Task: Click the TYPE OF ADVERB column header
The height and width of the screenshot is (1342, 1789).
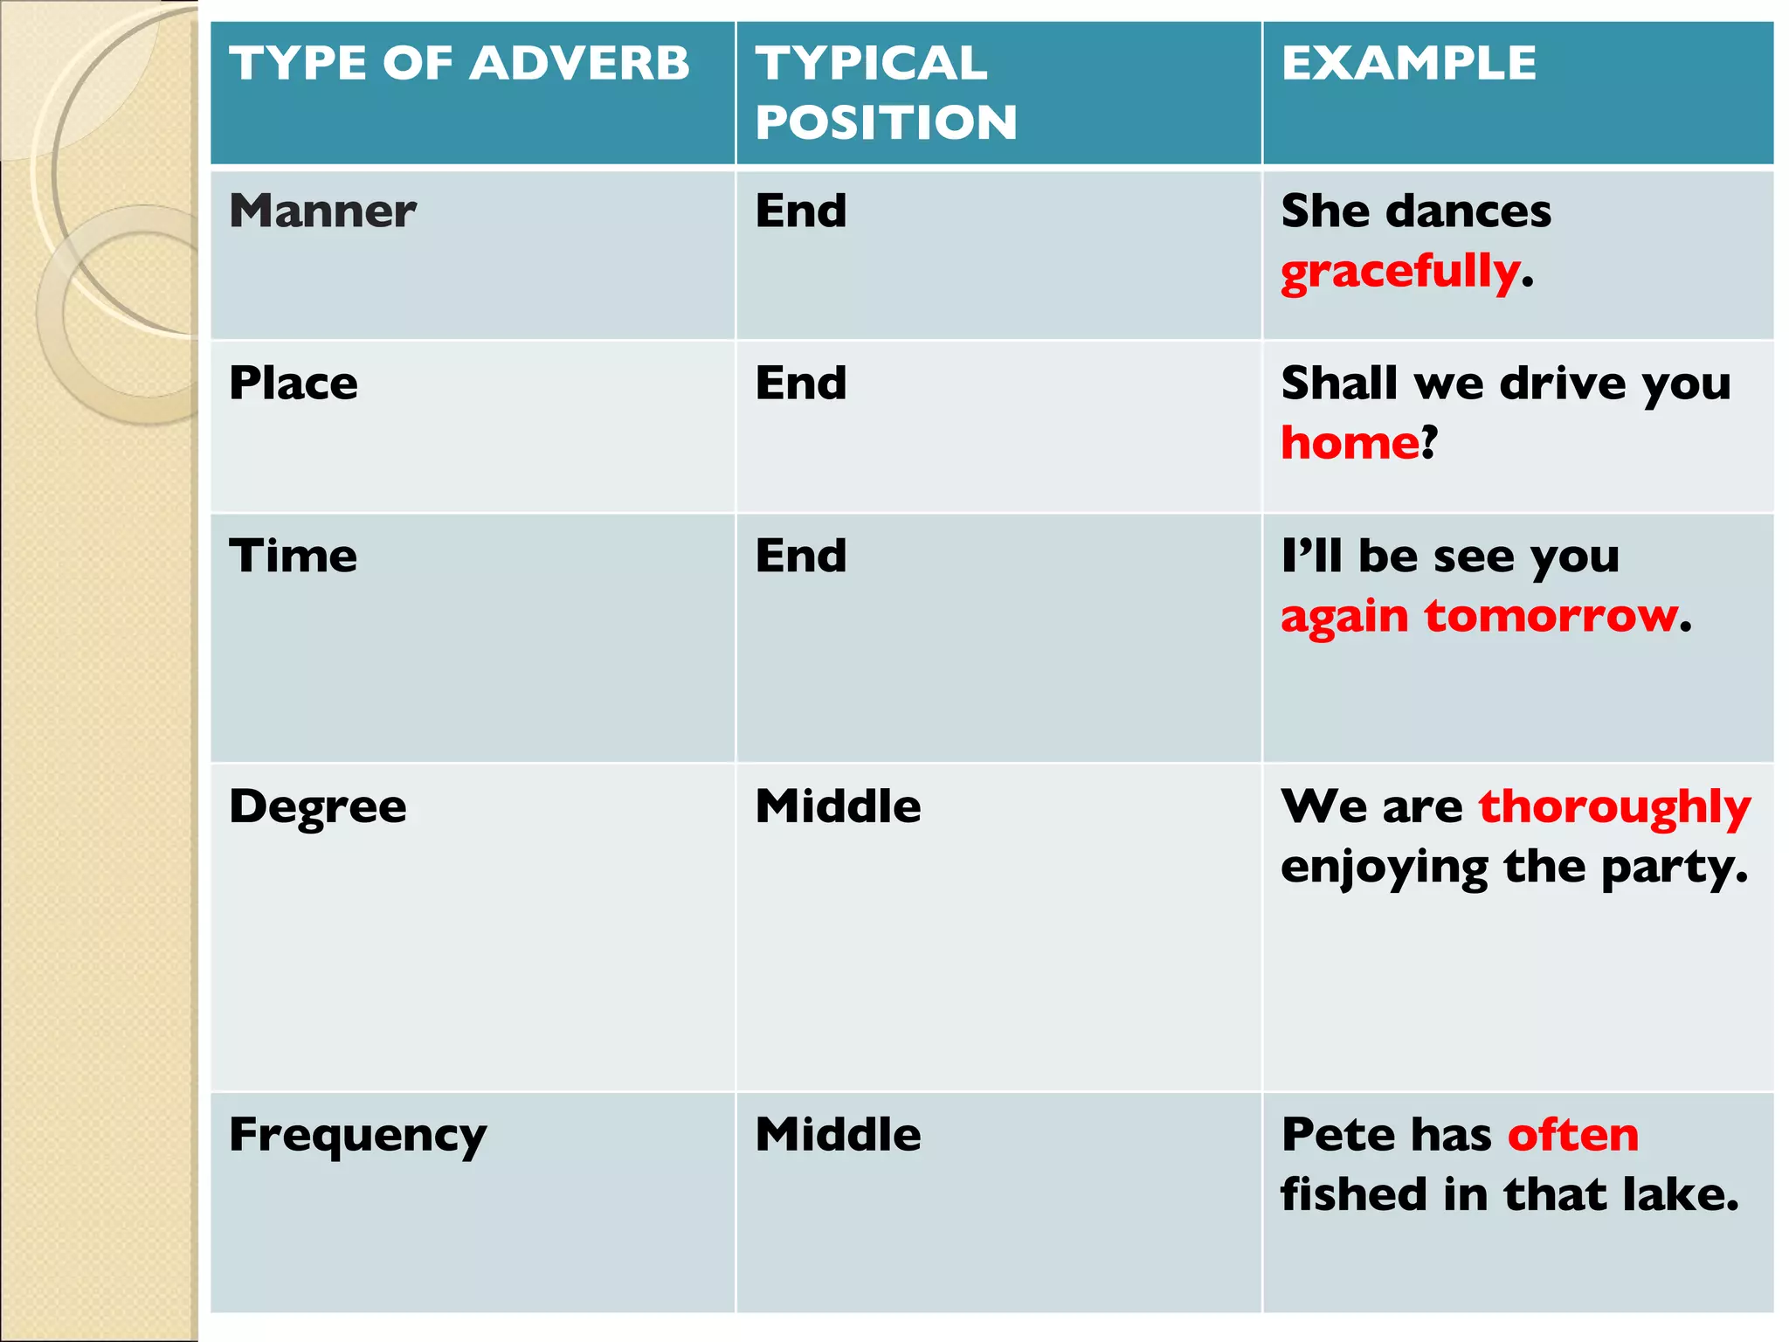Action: coord(459,64)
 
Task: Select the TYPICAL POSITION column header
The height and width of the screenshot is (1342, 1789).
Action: coord(886,93)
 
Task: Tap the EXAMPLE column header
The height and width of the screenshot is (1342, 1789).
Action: coord(1408,64)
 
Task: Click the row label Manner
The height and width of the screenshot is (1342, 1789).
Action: coord(322,211)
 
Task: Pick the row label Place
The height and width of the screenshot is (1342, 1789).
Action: coord(294,384)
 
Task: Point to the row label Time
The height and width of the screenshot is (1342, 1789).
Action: coord(294,556)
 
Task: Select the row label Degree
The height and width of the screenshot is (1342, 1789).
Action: coord(318,806)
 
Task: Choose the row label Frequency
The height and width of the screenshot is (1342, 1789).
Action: coord(358,1136)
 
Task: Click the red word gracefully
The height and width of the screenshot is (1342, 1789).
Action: coord(1401,272)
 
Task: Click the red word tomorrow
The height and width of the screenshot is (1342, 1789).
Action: coord(1551,616)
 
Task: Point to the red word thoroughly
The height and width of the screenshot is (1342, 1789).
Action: coord(1614,806)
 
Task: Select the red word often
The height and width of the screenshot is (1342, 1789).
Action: coord(1573,1135)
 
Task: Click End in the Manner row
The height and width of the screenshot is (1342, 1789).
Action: coord(801,211)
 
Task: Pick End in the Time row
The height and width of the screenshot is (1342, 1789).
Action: coord(801,556)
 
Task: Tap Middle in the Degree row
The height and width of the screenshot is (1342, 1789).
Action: coord(838,806)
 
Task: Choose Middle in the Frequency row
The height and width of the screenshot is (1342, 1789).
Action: coord(838,1135)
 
